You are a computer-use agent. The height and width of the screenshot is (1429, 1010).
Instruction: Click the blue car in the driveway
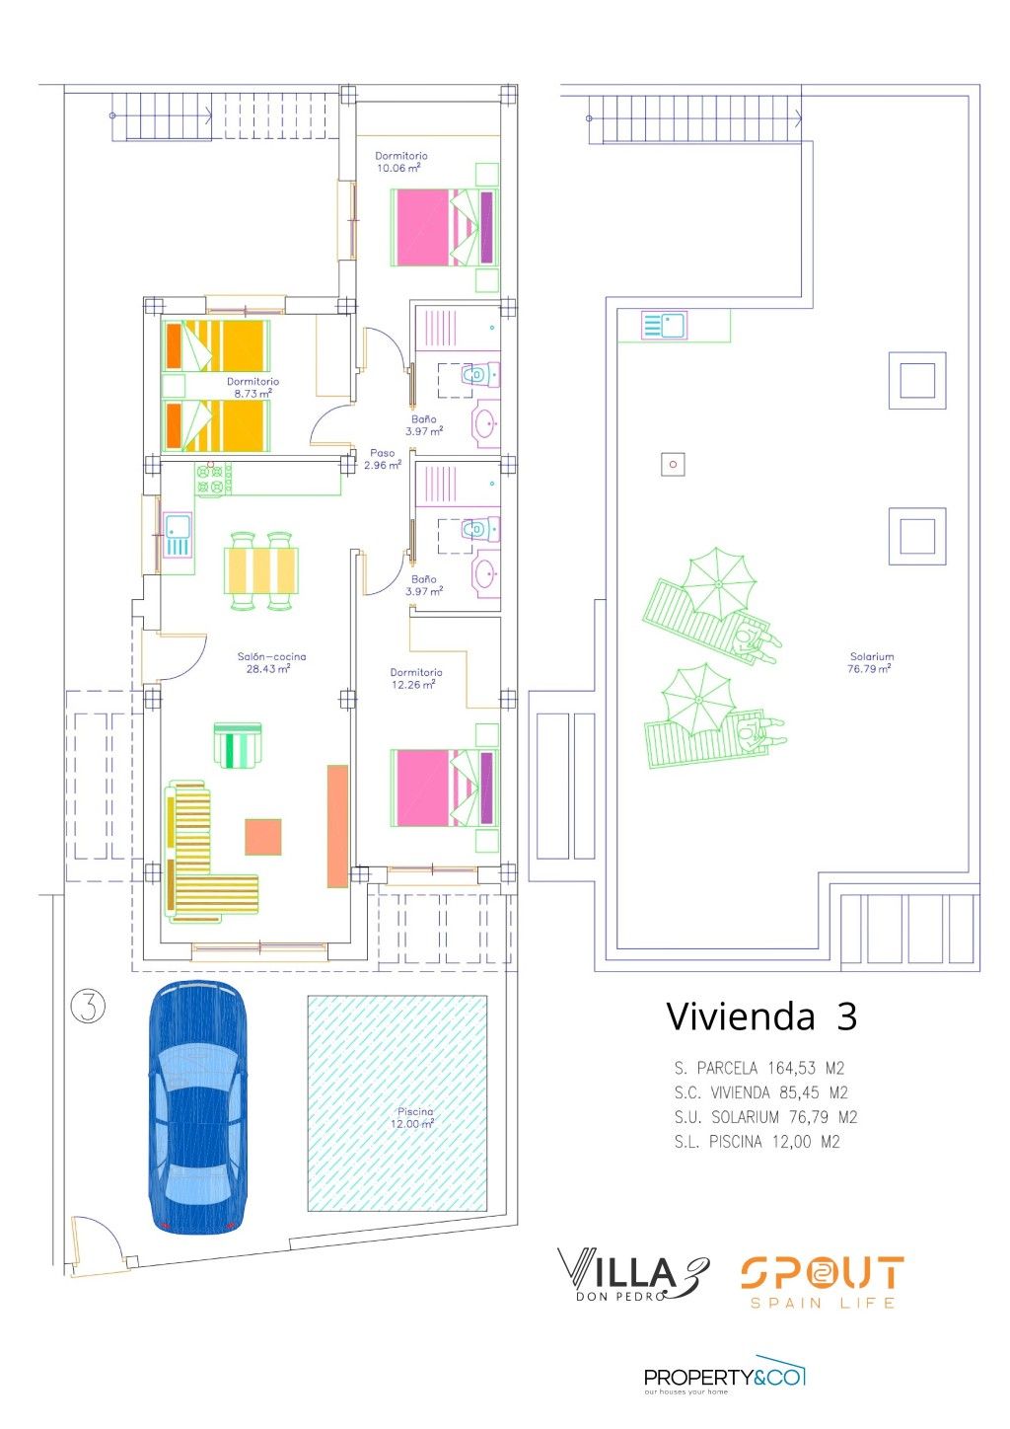coord(197,1107)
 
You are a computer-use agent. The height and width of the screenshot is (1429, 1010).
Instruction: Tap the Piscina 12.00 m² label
coord(414,1118)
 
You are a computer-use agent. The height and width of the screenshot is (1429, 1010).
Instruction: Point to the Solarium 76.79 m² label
coord(871,662)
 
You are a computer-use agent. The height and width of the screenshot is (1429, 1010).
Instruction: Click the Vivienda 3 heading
coord(762,1016)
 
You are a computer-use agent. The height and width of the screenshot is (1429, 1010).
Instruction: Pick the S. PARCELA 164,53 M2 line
coord(759,1068)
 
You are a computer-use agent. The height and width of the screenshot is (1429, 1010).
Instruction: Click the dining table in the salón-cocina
coord(261,570)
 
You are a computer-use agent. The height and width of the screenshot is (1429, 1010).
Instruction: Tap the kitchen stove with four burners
coord(214,479)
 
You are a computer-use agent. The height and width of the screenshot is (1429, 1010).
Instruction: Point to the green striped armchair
coord(238,745)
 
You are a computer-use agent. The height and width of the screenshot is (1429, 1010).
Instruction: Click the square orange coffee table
coord(263,836)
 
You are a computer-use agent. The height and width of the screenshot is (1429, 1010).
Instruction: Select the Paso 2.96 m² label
coord(383,459)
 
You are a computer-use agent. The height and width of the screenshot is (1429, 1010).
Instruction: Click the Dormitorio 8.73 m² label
coord(253,387)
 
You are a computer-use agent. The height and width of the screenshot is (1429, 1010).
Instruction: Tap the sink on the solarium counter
coord(664,325)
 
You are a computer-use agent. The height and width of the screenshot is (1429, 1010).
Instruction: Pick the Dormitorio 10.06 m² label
coord(401,162)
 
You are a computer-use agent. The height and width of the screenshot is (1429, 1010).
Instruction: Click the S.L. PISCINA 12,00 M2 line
coord(757,1141)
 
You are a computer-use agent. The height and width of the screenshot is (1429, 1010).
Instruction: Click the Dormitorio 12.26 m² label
coord(415,679)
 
